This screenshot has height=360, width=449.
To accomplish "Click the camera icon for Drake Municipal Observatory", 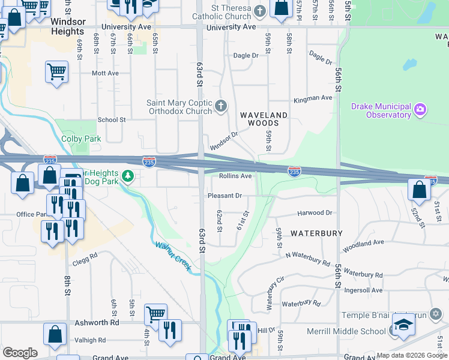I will point(421,109).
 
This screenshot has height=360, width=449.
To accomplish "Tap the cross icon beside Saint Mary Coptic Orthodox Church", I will point(221,107).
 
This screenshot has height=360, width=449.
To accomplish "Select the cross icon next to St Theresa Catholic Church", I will point(259,11).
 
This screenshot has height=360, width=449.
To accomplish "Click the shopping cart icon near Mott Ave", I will point(56,73).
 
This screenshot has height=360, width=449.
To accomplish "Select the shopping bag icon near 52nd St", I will point(419,189).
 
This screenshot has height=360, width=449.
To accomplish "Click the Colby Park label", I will point(81,139).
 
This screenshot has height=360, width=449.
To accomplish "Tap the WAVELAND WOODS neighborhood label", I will point(264,118).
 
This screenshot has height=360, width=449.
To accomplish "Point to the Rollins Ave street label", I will point(235,176).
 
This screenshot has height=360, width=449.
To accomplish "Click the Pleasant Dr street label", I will point(224,196).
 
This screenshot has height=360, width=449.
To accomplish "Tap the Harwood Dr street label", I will point(315,213).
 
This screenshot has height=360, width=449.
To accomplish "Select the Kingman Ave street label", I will point(312,98).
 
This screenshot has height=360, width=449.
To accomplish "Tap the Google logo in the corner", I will point(20,353).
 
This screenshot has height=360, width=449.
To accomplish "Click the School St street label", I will point(112,119).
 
